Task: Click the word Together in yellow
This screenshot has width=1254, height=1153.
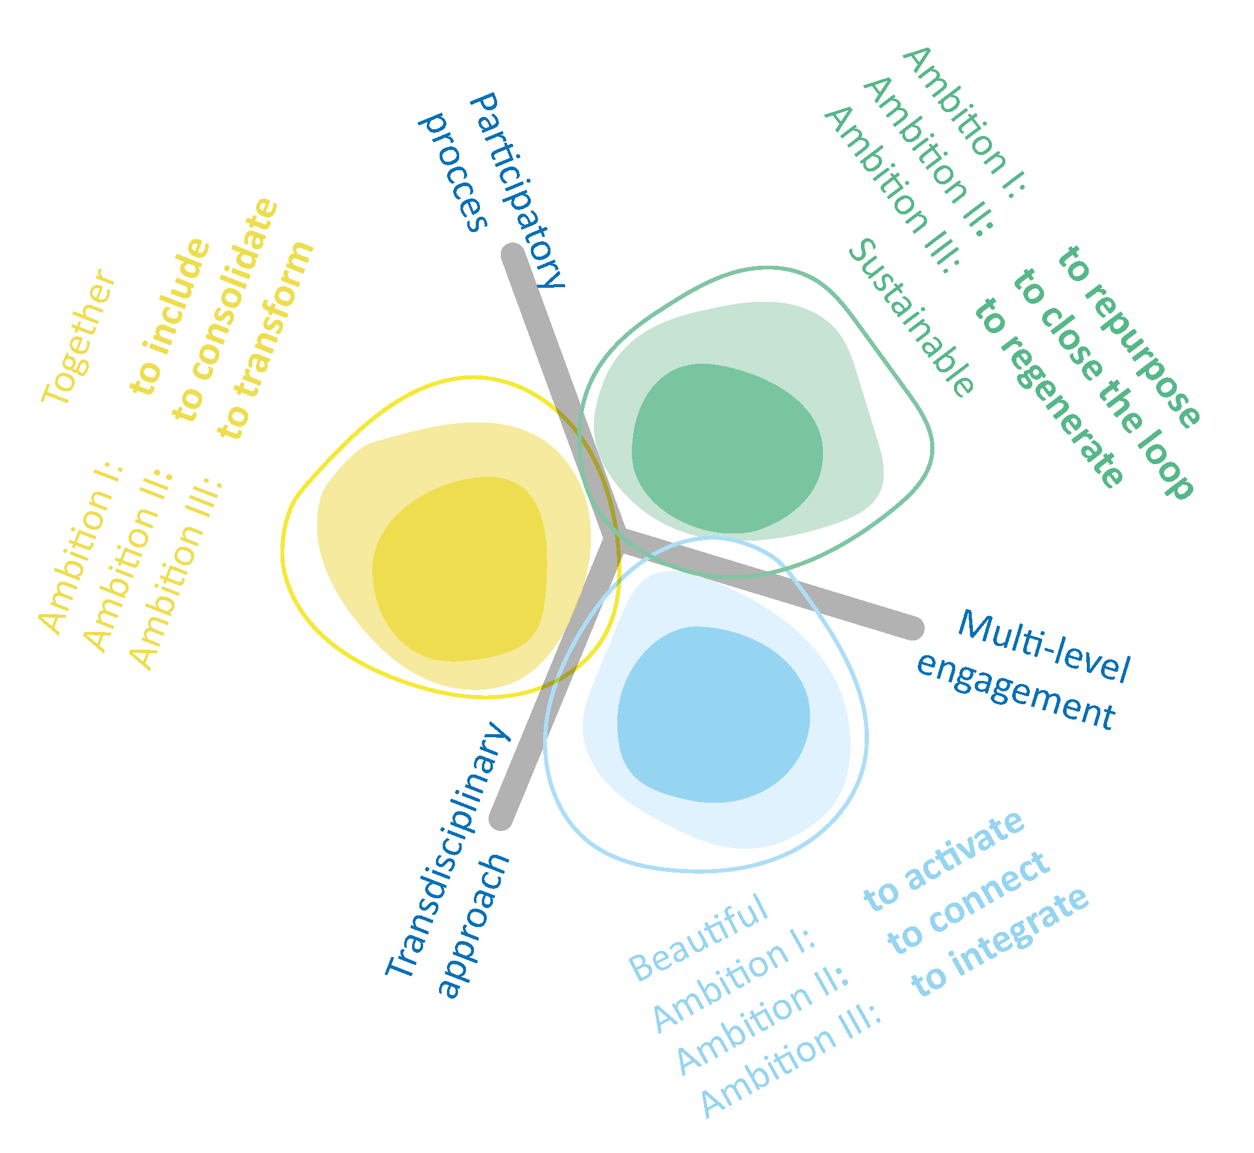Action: (78, 337)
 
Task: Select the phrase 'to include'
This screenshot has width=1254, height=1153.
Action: (170, 317)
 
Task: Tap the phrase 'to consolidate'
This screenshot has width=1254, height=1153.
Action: (225, 309)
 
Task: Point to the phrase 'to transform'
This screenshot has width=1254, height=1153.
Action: (266, 340)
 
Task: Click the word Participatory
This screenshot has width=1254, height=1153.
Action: (518, 190)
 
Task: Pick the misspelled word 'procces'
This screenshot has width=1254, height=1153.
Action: (453, 171)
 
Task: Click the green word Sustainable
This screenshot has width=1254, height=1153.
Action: (912, 318)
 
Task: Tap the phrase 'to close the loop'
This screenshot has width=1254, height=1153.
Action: (1103, 384)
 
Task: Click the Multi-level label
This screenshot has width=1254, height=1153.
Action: (1044, 646)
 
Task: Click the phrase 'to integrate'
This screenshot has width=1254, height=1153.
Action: (1000, 942)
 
